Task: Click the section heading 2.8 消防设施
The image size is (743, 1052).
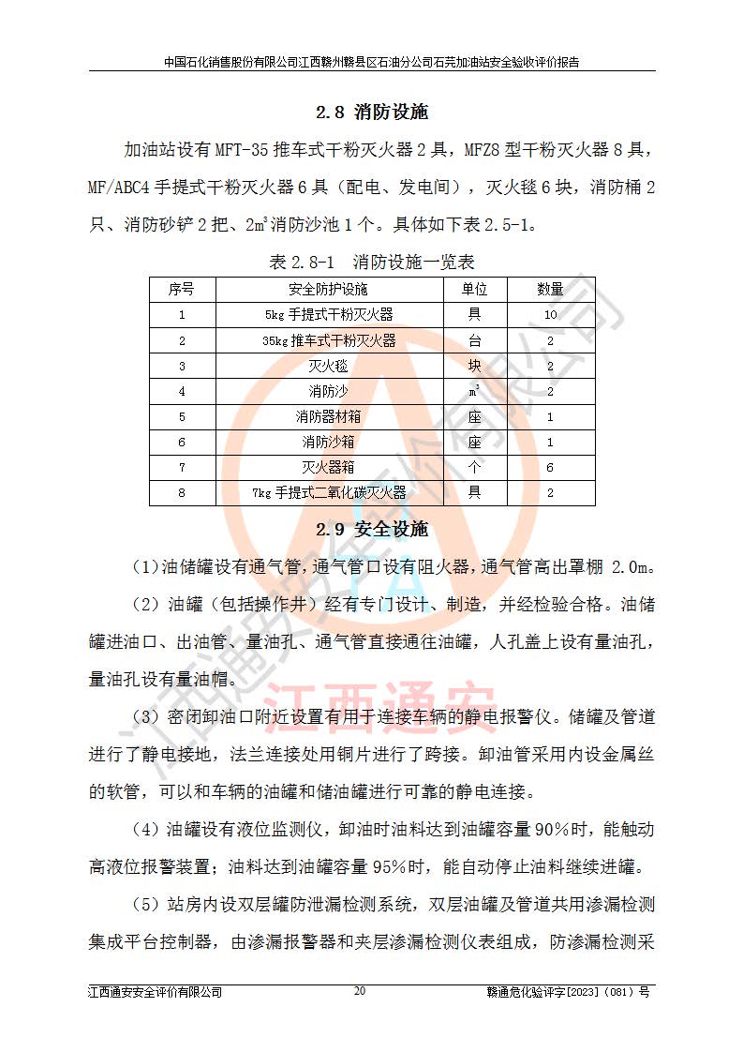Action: tap(371, 113)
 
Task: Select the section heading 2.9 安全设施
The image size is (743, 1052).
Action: tap(371, 530)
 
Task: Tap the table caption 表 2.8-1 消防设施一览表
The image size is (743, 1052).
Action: tap(371, 262)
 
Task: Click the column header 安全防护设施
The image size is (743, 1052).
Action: tap(329, 289)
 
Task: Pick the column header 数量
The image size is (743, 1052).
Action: tap(550, 289)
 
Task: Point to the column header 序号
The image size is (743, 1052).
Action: tap(182, 289)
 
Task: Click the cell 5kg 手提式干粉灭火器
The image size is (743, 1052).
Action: tap(329, 315)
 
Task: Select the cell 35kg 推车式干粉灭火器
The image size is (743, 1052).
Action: tap(329, 340)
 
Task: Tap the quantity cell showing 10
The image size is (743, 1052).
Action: tap(550, 315)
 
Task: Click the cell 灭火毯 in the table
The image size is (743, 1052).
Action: tap(329, 366)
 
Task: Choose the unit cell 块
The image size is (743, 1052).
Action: tap(475, 366)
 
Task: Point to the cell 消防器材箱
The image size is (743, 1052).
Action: tap(329, 416)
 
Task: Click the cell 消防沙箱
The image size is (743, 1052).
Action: tap(329, 442)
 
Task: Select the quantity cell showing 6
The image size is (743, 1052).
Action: tap(550, 467)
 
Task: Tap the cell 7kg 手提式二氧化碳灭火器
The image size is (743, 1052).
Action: tap(329, 492)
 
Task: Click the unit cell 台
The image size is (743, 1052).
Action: tap(475, 340)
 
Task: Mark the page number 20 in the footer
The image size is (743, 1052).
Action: tap(360, 991)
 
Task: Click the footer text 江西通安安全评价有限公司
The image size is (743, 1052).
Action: tap(155, 992)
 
